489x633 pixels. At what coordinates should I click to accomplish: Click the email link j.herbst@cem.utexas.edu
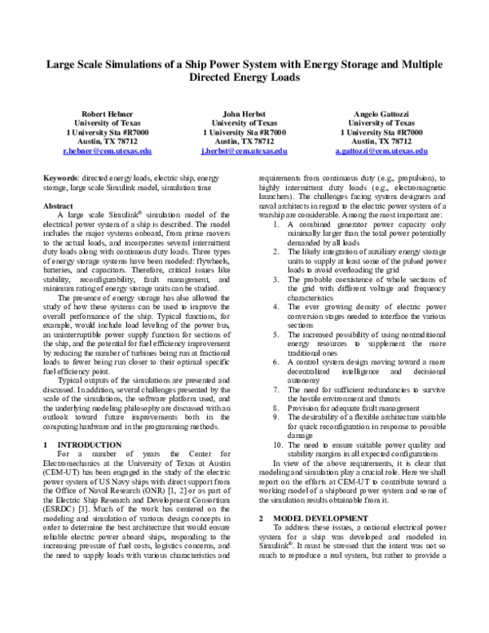pyautogui.click(x=244, y=151)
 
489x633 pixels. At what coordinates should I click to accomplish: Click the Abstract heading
pyautogui.click(x=58, y=206)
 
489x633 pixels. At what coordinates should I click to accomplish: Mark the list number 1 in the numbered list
pyautogui.click(x=279, y=246)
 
